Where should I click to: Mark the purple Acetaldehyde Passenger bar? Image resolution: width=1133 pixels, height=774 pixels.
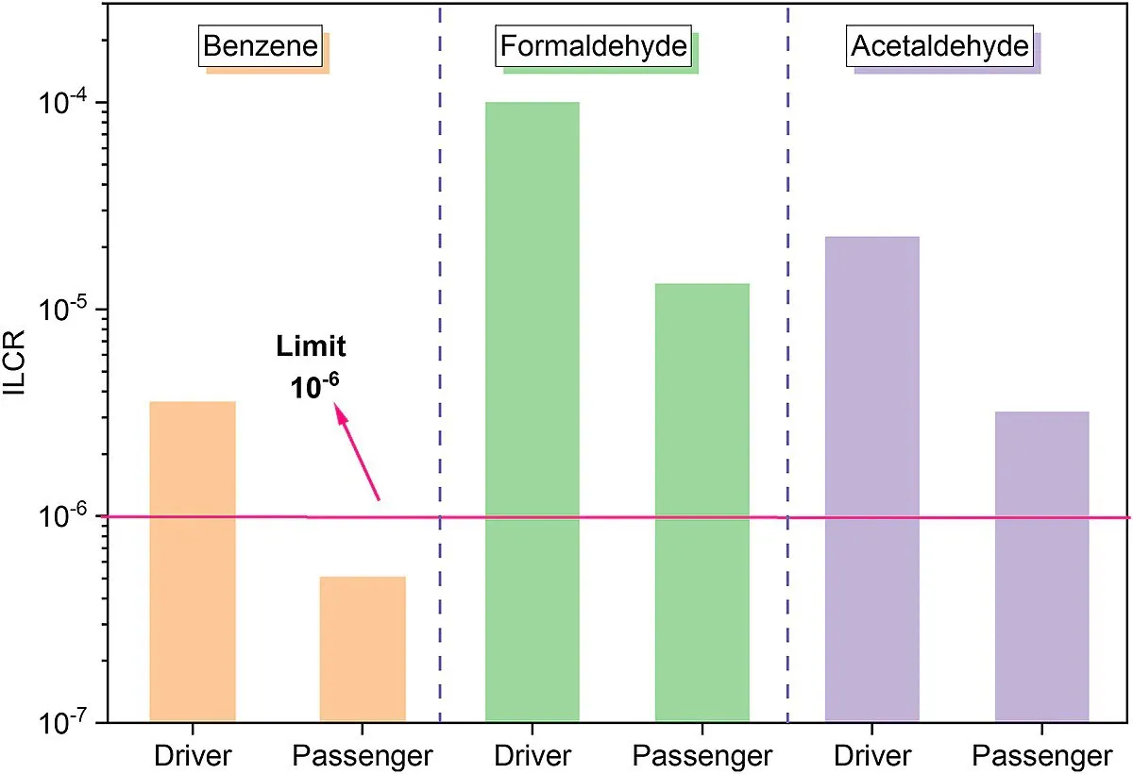(1041, 566)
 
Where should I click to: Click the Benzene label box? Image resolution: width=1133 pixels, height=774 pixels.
(261, 46)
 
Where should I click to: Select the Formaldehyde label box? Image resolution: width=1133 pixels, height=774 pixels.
(593, 46)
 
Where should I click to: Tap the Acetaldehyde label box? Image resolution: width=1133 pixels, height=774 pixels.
(940, 46)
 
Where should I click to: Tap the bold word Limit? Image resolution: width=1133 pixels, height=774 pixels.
(311, 347)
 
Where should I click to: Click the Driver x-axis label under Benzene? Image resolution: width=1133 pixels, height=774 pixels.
(193, 755)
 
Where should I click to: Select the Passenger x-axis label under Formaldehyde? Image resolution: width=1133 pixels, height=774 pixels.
(702, 755)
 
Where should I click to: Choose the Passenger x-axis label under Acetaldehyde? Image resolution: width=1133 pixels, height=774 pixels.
(1041, 755)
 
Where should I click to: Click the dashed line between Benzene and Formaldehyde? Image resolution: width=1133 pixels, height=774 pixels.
(440, 283)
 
